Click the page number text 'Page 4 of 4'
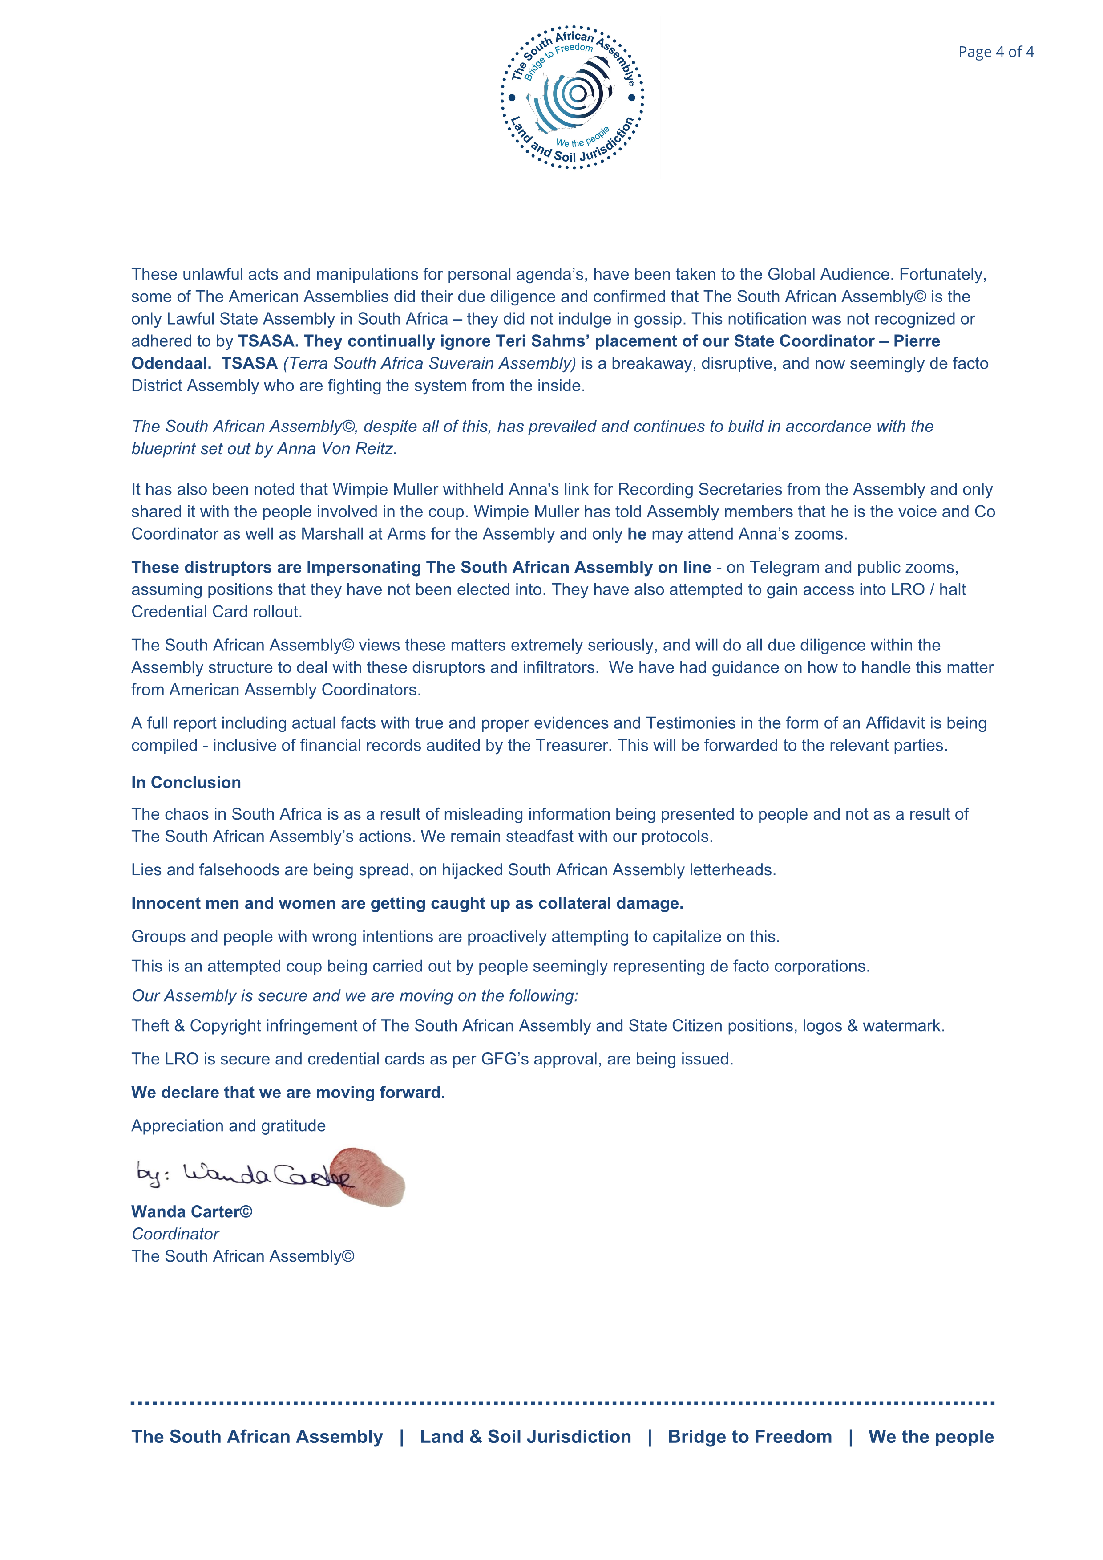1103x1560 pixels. [x=996, y=52]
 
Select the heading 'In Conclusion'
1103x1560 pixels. [x=186, y=782]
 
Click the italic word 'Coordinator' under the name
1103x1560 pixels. [x=175, y=1234]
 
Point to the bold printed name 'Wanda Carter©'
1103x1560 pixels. [x=191, y=1211]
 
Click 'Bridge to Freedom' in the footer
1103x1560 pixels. [x=749, y=1436]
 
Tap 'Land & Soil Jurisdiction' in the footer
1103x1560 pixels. [x=525, y=1436]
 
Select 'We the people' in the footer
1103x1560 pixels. [x=930, y=1436]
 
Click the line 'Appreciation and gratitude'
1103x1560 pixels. [x=228, y=1126]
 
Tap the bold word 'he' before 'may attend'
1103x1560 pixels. [x=636, y=534]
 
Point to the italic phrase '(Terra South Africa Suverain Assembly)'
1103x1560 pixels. [x=429, y=363]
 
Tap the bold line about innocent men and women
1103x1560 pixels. [x=407, y=903]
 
